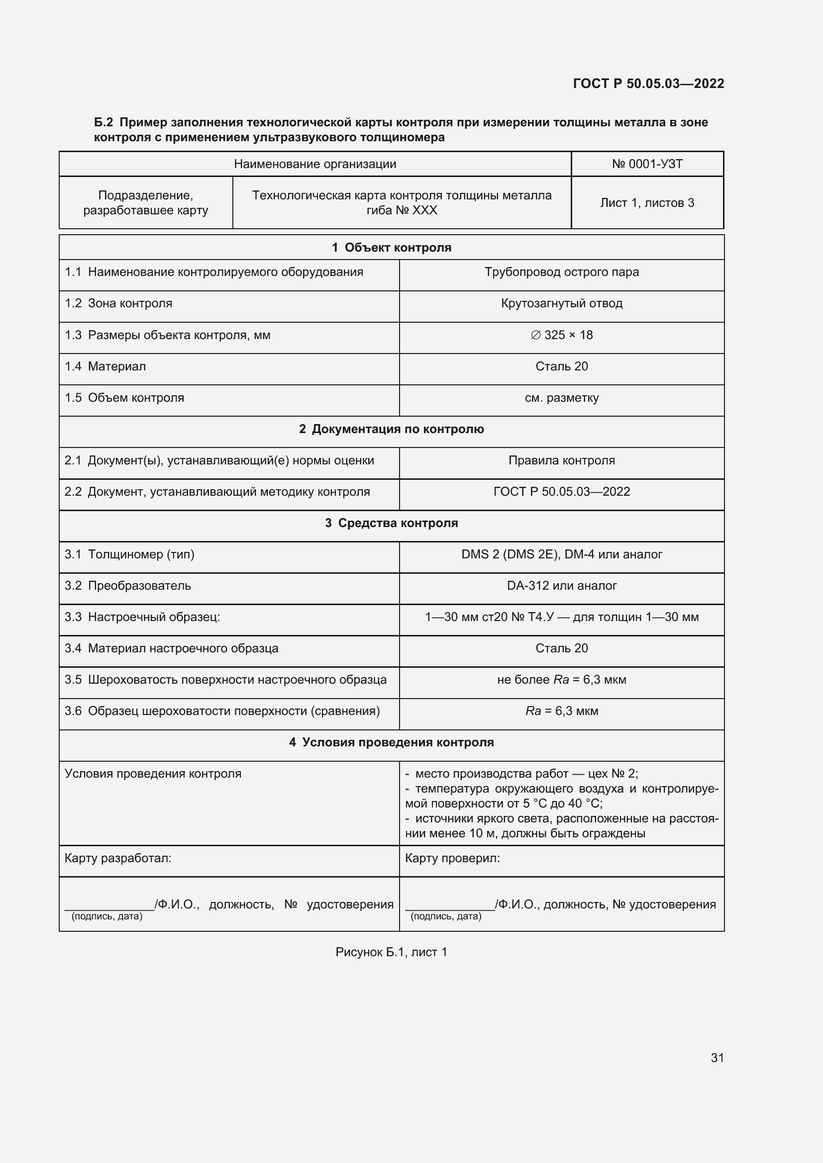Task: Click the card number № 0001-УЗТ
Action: (647, 164)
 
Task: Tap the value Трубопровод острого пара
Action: (561, 272)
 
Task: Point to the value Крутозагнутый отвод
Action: (561, 303)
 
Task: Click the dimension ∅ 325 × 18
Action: (561, 335)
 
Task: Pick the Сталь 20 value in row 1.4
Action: (561, 366)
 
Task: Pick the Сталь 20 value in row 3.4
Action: (561, 648)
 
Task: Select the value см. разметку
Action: (561, 398)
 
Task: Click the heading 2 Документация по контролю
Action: (391, 429)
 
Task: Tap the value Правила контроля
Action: (561, 460)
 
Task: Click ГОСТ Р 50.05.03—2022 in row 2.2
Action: (561, 492)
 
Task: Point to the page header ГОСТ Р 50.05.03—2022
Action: (648, 84)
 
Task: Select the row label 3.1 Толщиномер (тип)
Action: (129, 554)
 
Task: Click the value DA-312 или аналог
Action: (561, 586)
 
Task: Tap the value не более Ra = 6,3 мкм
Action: (561, 680)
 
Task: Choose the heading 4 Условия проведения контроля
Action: (391, 742)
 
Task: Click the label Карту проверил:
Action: (452, 858)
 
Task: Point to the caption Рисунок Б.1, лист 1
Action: (391, 952)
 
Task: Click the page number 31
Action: (717, 1058)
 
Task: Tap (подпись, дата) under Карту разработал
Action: (107, 916)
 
